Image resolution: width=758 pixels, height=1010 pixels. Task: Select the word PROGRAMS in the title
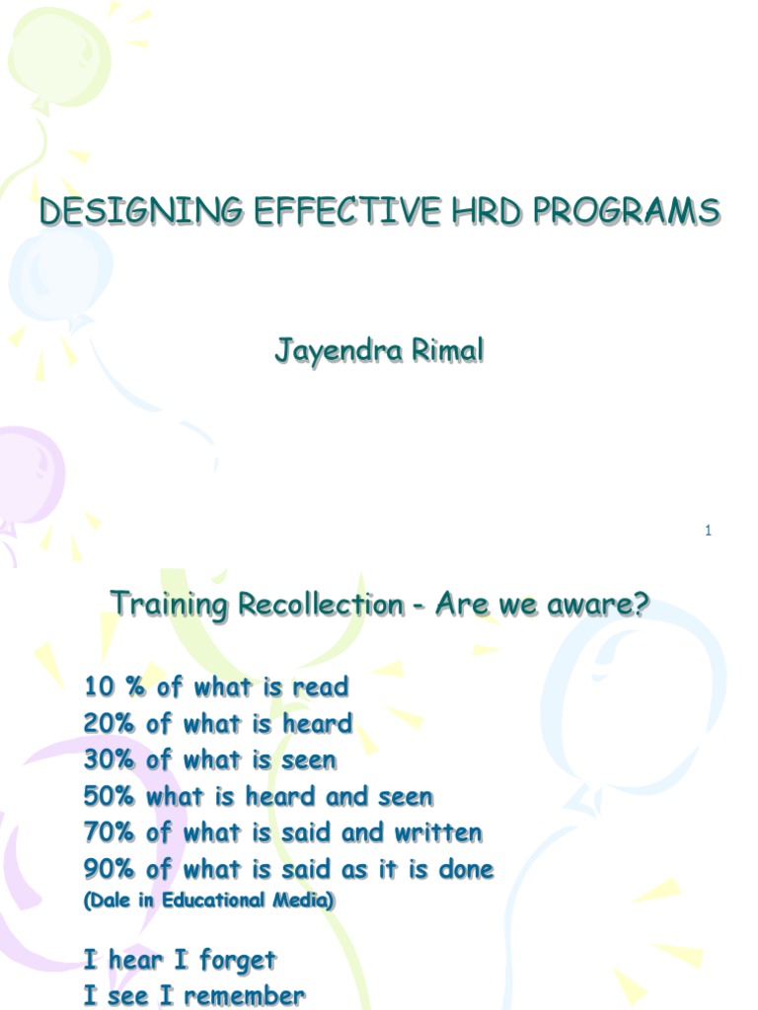click(622, 212)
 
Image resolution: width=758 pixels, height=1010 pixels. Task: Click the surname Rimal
click(447, 351)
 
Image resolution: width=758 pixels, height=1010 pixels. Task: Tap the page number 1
click(709, 532)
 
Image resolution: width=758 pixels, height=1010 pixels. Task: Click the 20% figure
click(109, 724)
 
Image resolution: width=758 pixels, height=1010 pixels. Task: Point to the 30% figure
click(109, 760)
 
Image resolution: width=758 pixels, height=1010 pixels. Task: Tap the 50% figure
click(109, 796)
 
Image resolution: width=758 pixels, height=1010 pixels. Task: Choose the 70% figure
click(109, 832)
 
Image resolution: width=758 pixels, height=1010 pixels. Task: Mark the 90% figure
click(109, 869)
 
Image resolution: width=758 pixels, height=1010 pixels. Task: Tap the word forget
click(238, 960)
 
